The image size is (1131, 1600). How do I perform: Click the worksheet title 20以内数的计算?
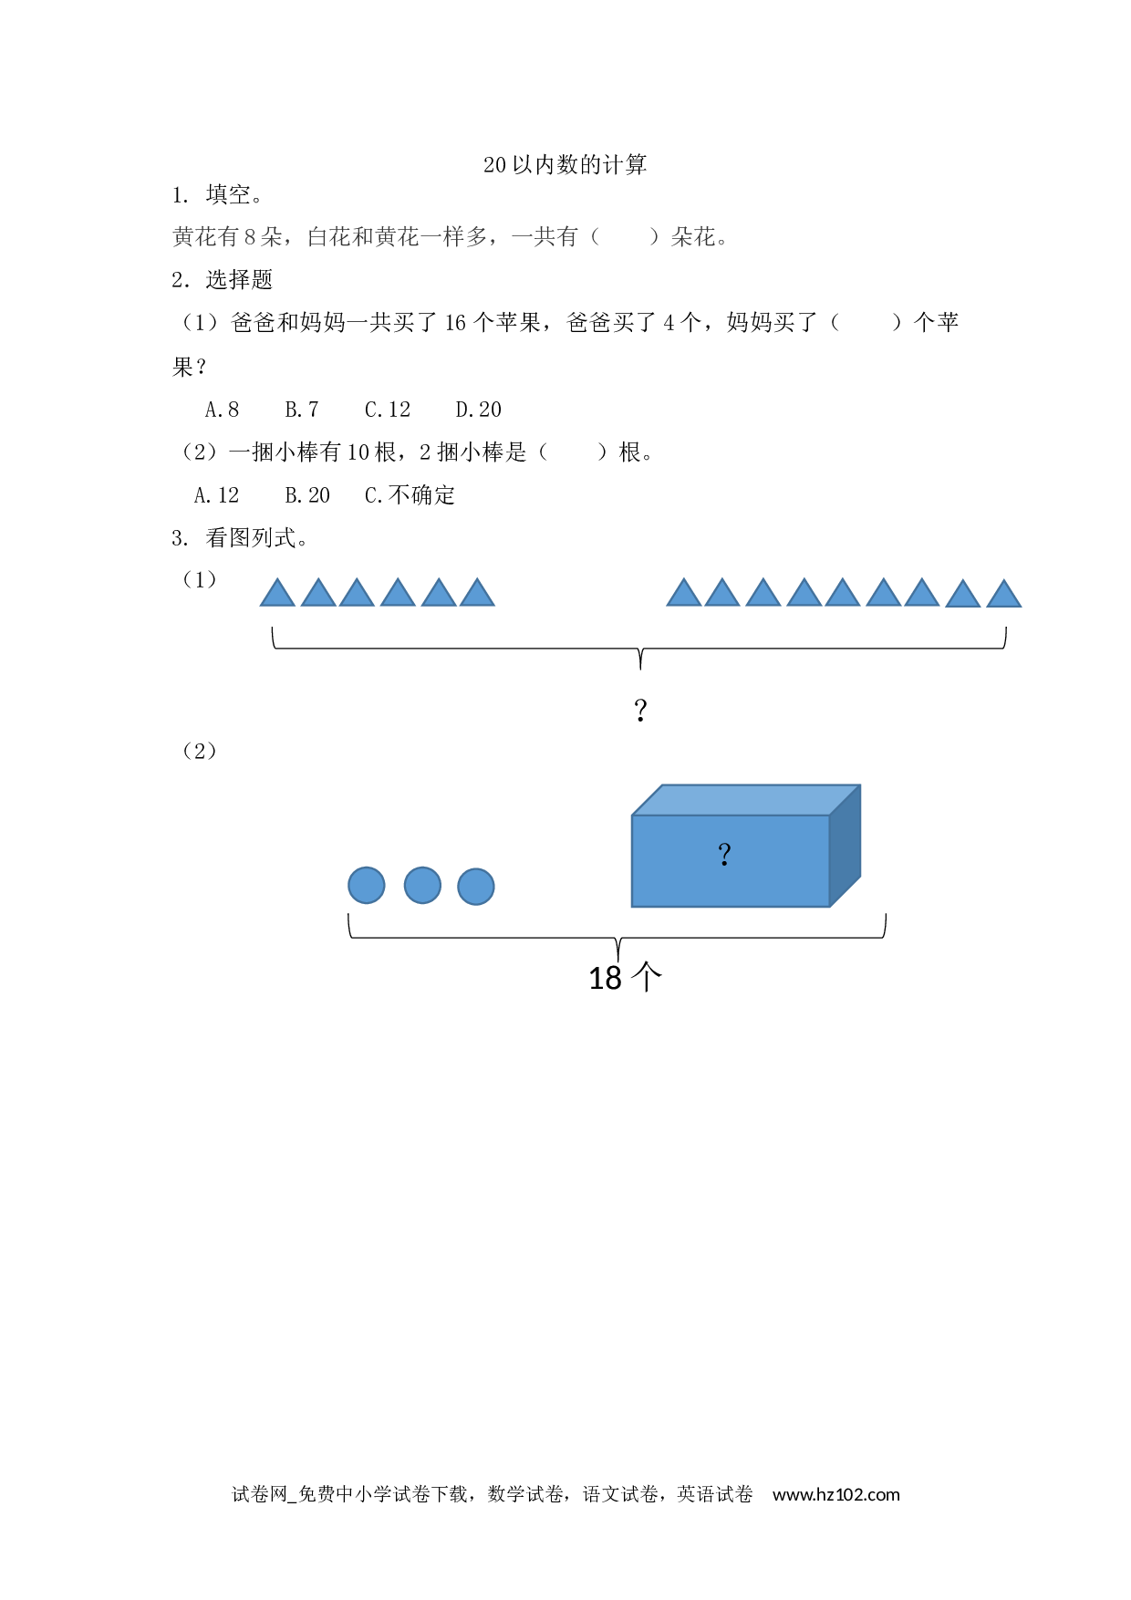tap(565, 165)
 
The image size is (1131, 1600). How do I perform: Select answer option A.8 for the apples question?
tap(222, 410)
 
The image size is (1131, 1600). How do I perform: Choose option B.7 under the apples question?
tap(301, 410)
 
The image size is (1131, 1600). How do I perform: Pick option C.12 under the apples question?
tap(388, 410)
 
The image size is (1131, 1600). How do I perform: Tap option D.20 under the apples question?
tap(478, 410)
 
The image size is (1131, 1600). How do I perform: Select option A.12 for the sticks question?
tap(216, 495)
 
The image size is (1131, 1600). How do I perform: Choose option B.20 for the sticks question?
tap(306, 495)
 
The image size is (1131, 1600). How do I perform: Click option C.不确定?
tap(410, 495)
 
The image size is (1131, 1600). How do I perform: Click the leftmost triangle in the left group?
tap(277, 594)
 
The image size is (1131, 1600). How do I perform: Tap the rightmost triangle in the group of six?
tap(477, 594)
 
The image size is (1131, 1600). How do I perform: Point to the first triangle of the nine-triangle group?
tap(684, 594)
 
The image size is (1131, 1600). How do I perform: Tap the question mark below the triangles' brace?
tap(640, 710)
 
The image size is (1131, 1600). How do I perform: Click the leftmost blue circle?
tap(367, 885)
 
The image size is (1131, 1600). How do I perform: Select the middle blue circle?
tap(422, 885)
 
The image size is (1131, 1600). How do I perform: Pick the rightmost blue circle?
tap(476, 886)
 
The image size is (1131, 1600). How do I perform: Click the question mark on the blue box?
tap(724, 855)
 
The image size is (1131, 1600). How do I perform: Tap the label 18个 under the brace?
tap(626, 978)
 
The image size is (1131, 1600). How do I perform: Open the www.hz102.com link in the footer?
tap(836, 1494)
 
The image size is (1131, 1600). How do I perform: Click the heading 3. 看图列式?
tap(240, 538)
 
